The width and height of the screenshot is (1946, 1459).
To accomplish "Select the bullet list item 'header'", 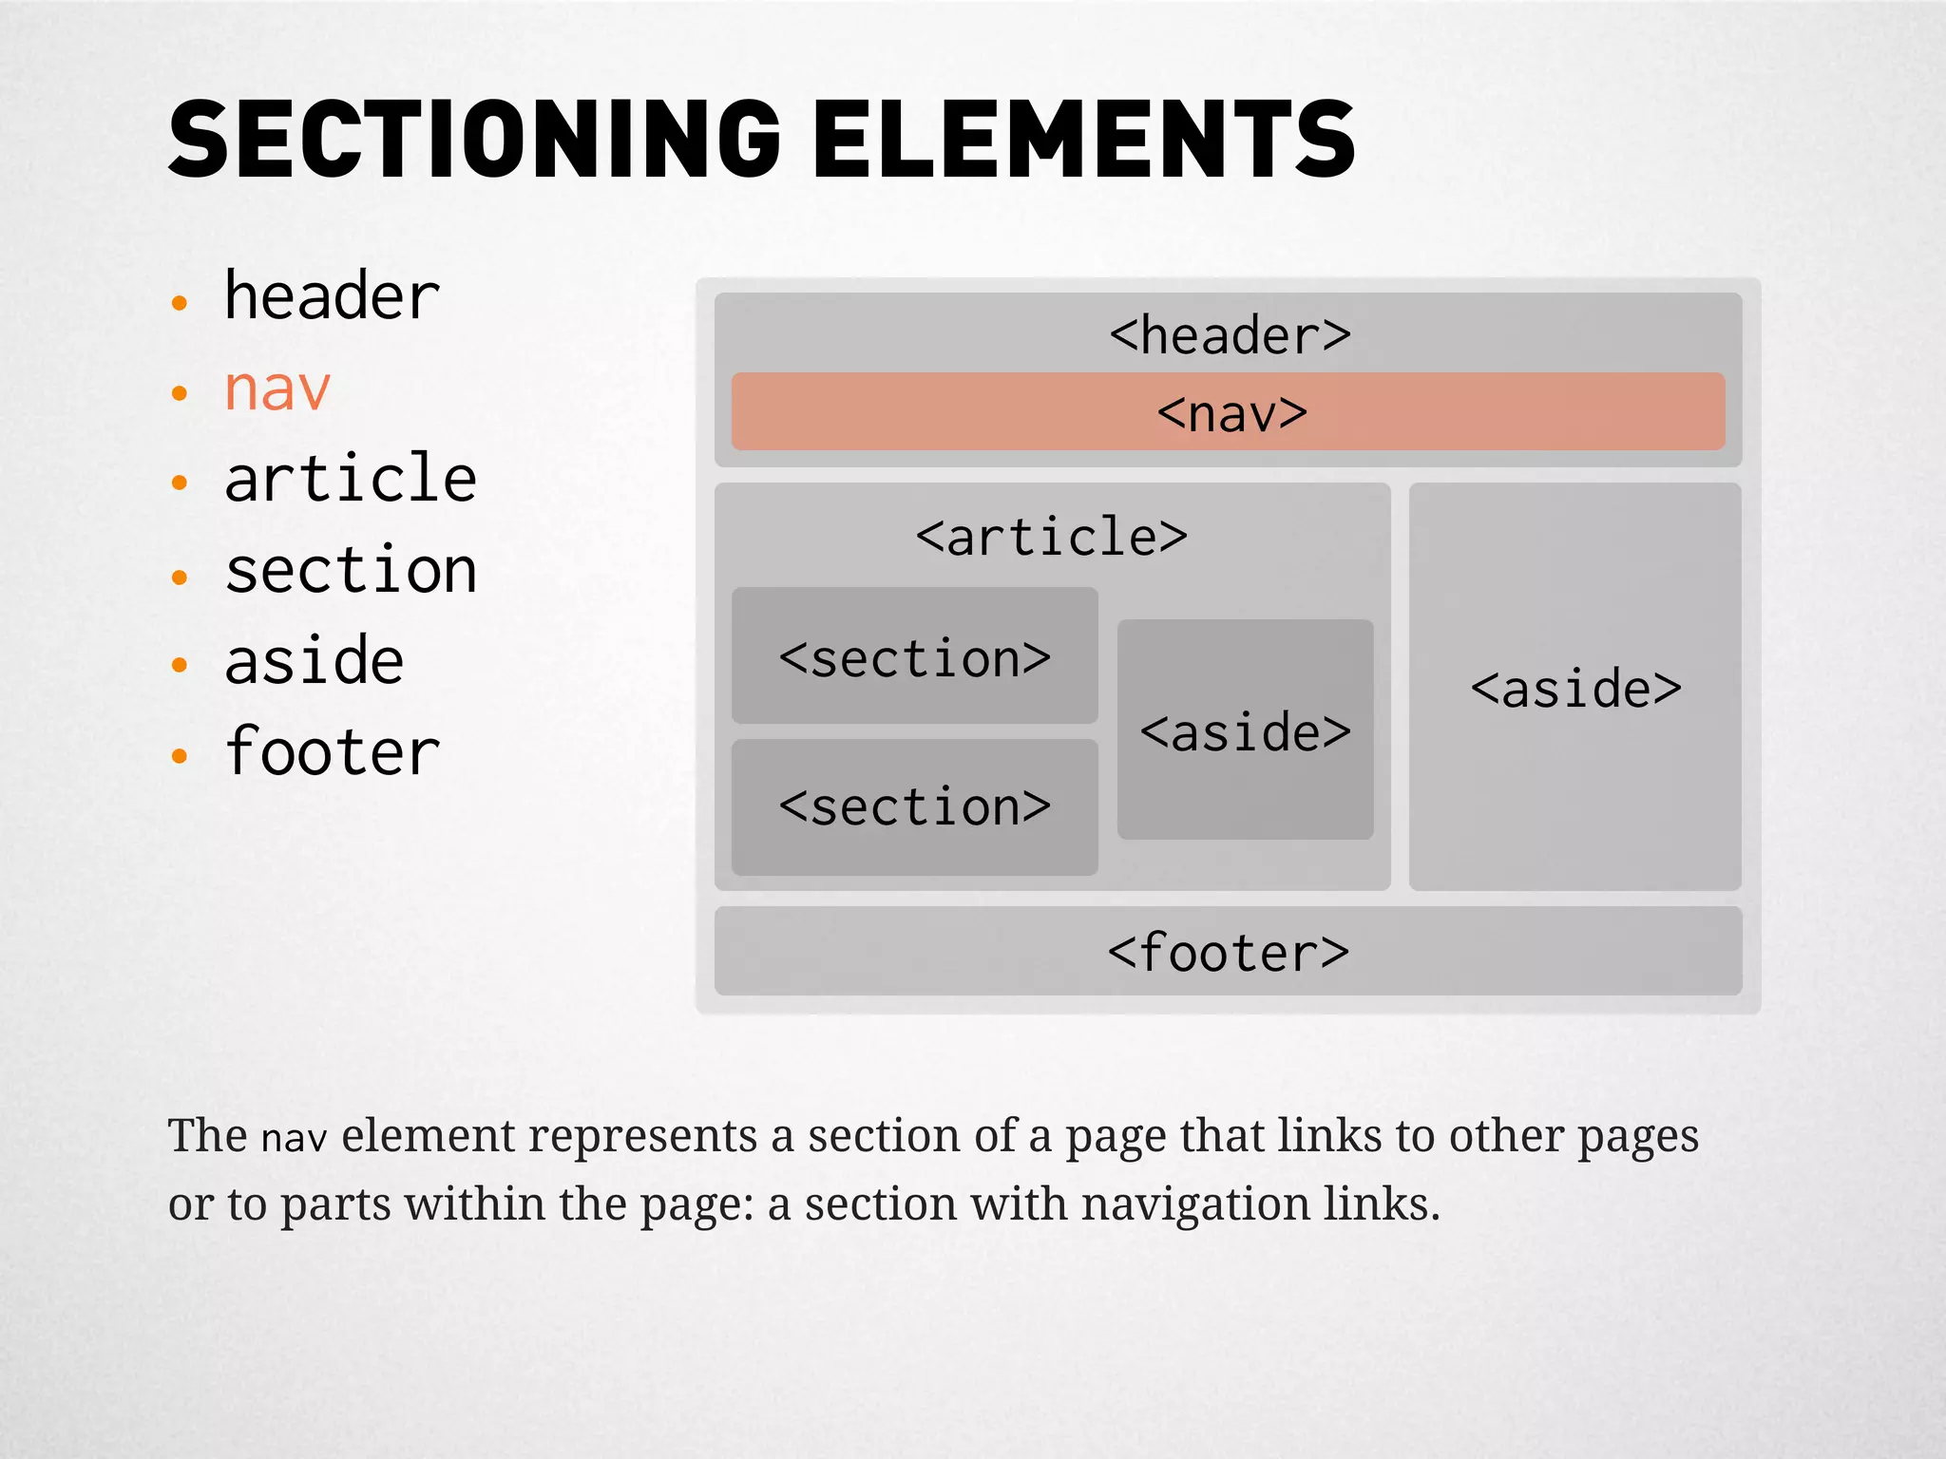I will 332,296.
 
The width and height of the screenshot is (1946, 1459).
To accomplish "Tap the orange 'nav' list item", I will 277,388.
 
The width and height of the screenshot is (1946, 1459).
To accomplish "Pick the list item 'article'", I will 351,479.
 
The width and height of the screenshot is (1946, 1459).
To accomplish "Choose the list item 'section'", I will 351,571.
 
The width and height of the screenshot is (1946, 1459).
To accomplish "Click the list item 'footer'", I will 332,752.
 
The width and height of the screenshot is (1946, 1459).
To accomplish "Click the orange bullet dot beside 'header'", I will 180,303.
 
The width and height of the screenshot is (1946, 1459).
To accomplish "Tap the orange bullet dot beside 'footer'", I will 180,756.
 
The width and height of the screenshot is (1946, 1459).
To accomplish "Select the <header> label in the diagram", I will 1230,335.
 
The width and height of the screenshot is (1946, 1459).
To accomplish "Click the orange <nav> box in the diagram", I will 1230,412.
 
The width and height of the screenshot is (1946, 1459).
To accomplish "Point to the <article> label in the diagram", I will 1051,538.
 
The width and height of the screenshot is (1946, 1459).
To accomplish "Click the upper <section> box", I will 914,657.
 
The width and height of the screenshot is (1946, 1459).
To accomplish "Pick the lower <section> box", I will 914,807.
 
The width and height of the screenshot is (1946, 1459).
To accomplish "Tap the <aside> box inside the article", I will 1245,731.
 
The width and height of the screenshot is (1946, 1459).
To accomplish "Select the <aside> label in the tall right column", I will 1575,689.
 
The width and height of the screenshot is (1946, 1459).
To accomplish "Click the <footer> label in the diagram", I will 1228,953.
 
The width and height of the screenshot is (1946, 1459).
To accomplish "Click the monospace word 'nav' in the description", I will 294,1138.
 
